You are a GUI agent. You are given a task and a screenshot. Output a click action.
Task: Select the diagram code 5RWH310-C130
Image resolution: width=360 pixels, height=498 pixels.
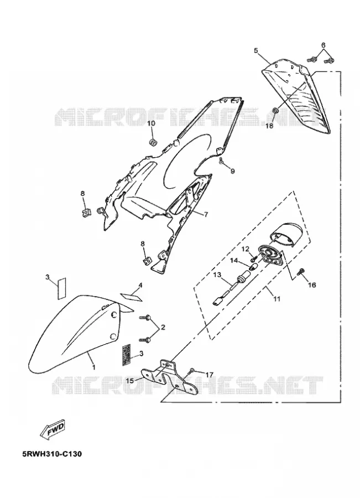click(52, 454)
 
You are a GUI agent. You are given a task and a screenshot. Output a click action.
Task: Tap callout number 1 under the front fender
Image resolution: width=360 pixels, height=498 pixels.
click(93, 367)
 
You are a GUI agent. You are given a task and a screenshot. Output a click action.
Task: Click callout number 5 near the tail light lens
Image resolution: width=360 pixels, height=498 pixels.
click(256, 50)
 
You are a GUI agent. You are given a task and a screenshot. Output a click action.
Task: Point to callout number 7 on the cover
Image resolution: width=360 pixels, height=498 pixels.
click(206, 215)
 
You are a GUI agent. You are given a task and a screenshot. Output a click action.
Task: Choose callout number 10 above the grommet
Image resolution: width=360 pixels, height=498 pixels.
click(152, 123)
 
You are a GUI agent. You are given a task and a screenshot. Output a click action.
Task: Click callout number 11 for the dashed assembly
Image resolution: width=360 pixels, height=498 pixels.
click(277, 299)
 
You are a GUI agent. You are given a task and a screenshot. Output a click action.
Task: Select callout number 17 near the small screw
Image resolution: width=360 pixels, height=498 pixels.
click(209, 375)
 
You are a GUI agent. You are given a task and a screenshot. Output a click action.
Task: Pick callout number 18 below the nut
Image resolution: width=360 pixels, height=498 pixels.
click(269, 126)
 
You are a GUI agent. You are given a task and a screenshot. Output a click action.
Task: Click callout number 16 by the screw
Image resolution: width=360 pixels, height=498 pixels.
click(312, 285)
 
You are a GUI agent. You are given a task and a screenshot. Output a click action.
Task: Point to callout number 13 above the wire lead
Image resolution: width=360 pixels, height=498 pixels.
click(217, 274)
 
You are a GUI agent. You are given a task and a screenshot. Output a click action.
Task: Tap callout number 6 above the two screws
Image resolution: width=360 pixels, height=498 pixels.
click(323, 45)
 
